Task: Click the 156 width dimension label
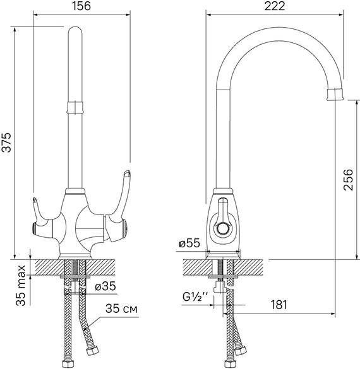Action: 81,6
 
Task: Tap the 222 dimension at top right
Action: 275,6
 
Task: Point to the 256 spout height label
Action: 349,180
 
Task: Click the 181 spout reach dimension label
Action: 279,305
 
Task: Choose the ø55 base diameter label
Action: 189,243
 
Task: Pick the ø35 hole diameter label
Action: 105,286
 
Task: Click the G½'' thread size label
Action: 195,297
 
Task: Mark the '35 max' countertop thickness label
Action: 21,286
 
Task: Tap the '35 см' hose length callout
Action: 121,308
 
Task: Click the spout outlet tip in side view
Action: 336,94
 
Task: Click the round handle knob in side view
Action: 222,228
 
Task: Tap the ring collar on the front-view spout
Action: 75,108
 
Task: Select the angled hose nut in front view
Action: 92,351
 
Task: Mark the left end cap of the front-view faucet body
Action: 34,229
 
